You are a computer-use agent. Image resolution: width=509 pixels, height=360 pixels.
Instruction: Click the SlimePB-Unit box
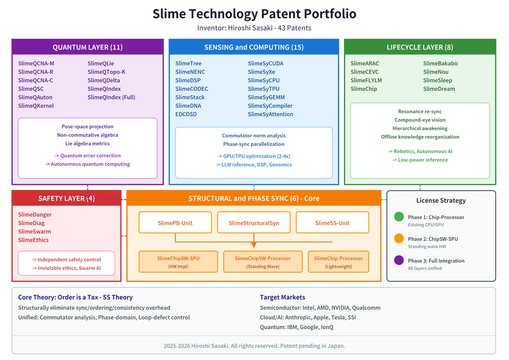point(175,223)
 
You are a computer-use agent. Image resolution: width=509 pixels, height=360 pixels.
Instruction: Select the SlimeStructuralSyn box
point(254,223)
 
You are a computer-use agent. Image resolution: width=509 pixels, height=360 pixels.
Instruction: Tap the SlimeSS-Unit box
point(332,223)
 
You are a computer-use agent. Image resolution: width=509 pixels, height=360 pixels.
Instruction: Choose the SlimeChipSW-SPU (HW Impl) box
point(178,262)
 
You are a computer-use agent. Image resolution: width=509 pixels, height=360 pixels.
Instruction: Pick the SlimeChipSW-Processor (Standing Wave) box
point(262,262)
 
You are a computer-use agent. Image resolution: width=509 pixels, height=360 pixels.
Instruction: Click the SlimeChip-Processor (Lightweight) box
point(338,262)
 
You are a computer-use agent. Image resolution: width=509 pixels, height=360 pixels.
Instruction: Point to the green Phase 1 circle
point(399,217)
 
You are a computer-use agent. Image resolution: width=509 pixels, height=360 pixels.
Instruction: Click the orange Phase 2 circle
point(399,239)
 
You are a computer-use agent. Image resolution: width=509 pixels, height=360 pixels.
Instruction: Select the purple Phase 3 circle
point(399,261)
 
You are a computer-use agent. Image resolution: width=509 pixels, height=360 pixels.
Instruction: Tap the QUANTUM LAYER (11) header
point(87,47)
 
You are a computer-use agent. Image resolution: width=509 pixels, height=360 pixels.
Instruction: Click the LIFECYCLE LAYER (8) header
point(420,47)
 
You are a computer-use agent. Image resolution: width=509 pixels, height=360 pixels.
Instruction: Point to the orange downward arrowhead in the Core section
point(254,244)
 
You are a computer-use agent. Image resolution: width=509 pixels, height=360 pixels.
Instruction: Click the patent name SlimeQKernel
point(36,106)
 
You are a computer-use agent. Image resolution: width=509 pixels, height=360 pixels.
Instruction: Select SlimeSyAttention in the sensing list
point(270,114)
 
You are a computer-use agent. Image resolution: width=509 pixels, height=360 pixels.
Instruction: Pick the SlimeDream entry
point(439,89)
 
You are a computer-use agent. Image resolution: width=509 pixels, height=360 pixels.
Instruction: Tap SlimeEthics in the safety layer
point(34,240)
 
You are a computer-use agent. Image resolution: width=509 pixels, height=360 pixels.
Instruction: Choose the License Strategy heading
point(441,200)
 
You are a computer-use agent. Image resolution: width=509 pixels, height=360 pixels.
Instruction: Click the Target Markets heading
point(282,297)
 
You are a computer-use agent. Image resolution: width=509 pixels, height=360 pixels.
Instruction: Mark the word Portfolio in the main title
point(328,14)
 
